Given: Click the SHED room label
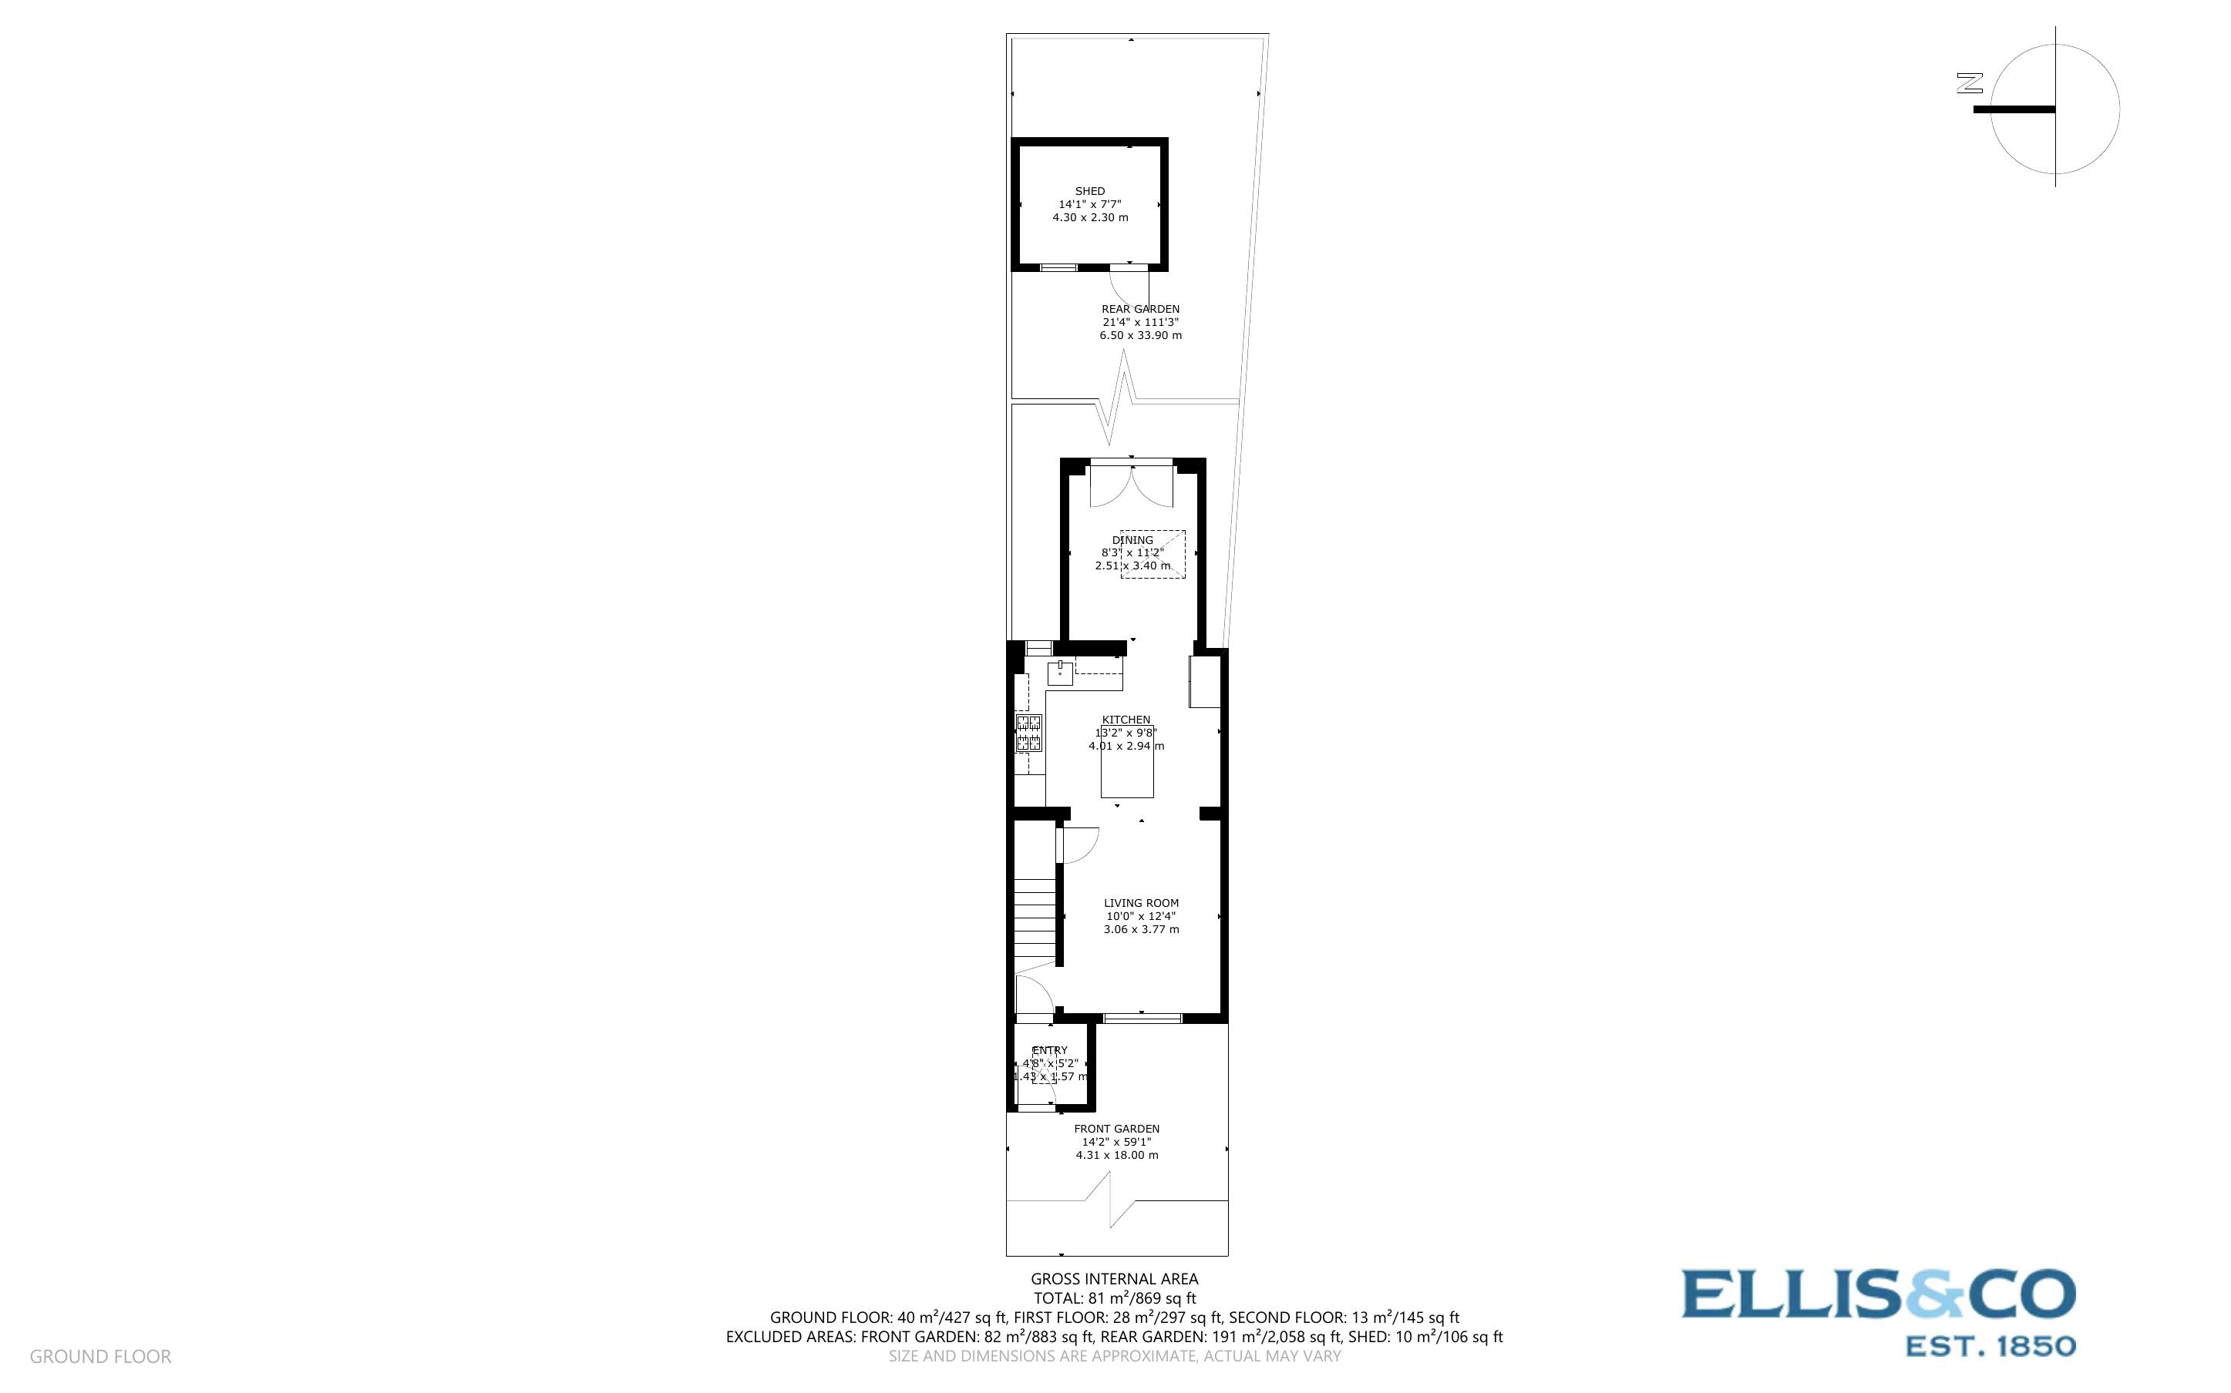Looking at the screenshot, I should tap(1089, 192).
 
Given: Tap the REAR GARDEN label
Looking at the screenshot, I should tap(1140, 310).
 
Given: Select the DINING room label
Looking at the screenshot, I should tap(1132, 540).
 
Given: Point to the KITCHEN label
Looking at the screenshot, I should tap(1126, 720).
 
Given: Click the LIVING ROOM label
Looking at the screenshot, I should tap(1141, 903).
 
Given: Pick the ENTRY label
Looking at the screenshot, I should tap(1050, 1050).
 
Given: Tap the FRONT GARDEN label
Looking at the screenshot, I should tap(1116, 1129).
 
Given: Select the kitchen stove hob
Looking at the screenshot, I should tap(1028, 733).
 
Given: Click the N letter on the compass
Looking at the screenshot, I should tap(1970, 83).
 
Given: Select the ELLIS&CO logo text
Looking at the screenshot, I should tap(1878, 1294).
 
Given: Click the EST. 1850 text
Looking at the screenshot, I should tap(1990, 1347).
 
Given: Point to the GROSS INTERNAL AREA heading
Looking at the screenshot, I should tap(1114, 1279).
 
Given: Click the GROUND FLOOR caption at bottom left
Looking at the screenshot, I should tap(100, 1356).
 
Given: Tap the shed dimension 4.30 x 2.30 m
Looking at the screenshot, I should tap(1090, 217).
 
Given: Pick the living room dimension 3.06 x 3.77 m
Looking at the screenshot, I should tap(1141, 930).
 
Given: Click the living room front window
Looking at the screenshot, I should tap(1142, 1018).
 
